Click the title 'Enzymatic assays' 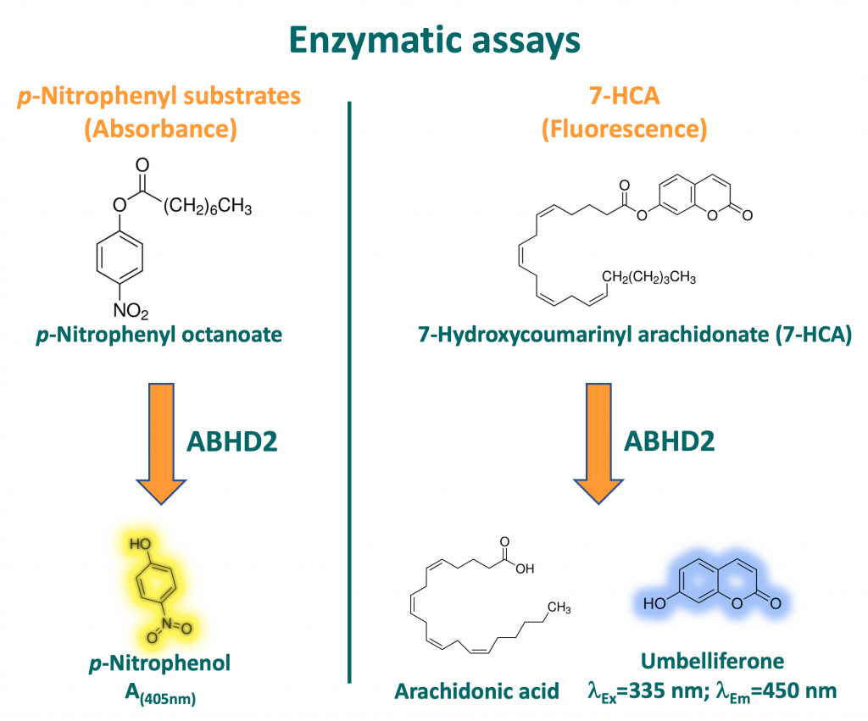point(434,39)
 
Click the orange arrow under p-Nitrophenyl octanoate point(160,431)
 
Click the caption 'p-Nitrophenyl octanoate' point(159,336)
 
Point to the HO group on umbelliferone point(653,606)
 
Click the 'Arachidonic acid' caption point(477,690)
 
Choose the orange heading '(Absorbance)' point(159,130)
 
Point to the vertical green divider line point(350,390)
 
